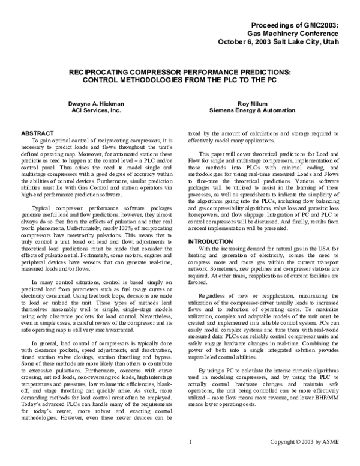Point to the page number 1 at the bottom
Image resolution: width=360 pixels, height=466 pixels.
(x=190, y=458)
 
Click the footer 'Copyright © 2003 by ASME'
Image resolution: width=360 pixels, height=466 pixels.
(x=306, y=458)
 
